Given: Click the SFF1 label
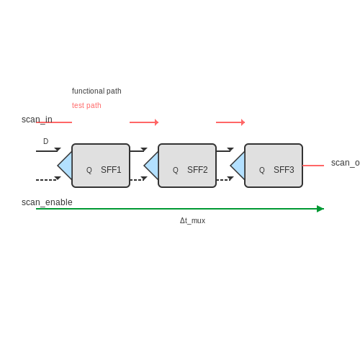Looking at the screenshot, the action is (111, 170).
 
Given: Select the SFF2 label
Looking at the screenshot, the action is (197, 170).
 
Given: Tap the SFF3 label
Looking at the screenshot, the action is (284, 170).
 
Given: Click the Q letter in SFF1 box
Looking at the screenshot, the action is (89, 170).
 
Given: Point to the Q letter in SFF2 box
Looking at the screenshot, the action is (176, 170).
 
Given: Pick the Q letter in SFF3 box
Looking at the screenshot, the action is (262, 170).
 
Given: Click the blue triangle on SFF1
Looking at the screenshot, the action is (66, 166).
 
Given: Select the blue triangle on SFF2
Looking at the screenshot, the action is (153, 166).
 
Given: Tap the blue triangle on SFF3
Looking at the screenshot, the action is (239, 166).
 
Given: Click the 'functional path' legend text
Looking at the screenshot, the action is (96, 91).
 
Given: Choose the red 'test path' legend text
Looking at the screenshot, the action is (86, 106).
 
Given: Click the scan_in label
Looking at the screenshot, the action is (37, 120).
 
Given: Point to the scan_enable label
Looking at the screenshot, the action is (47, 202).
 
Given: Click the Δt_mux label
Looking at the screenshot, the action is (192, 220).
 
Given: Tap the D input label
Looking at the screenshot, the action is (45, 141).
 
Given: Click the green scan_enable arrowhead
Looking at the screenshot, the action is (320, 209).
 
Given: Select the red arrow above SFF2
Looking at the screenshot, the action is (144, 122).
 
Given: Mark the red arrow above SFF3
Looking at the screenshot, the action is (230, 122).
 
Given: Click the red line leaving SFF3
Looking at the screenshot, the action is (313, 166).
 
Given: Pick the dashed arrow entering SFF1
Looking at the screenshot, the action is (48, 179).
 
